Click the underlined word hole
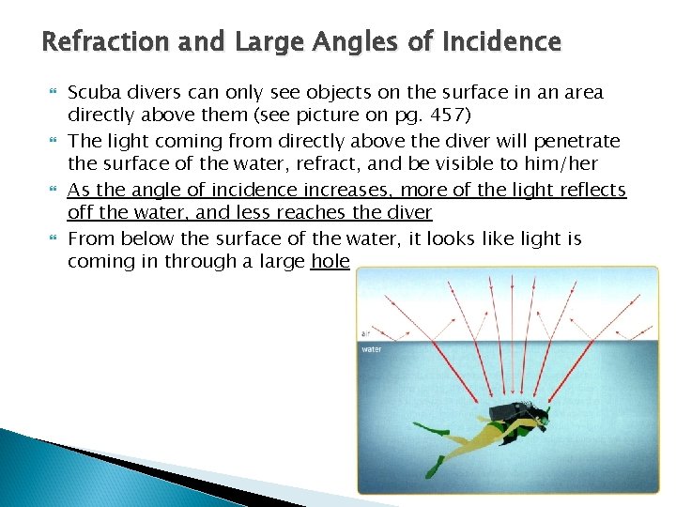click(x=330, y=261)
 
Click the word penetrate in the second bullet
click(x=576, y=141)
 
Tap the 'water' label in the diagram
click(x=372, y=349)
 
